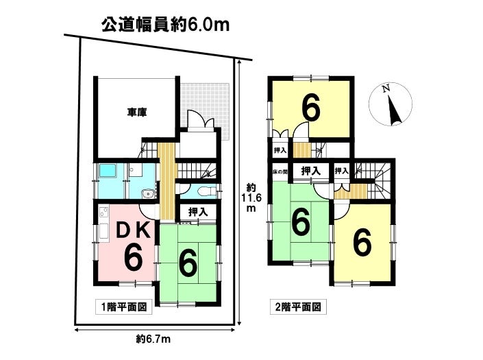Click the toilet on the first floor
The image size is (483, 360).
[x=204, y=191]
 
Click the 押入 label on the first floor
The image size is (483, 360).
[x=198, y=213]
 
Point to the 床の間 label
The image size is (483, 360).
[x=280, y=171]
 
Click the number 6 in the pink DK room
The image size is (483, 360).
[x=132, y=259]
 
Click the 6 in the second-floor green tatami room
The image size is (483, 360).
[x=301, y=222]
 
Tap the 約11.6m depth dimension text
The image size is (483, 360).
[x=252, y=197]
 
